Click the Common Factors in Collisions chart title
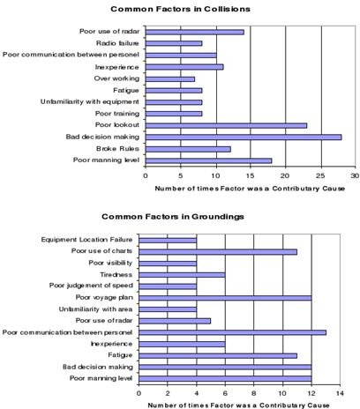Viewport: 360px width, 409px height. pos(180,9)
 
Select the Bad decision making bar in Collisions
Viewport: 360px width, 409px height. pos(244,138)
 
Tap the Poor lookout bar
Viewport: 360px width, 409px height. pos(226,126)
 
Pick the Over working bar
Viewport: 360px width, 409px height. pos(170,79)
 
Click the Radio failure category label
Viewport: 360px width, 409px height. pos(117,43)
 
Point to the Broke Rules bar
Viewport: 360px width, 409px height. pos(188,149)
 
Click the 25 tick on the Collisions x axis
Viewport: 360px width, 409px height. pos(320,175)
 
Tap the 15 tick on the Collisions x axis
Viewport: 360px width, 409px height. pos(251,175)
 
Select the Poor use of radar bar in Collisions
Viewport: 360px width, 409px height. pos(195,32)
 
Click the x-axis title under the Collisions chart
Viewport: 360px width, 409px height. pos(250,189)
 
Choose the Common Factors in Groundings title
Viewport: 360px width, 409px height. pos(173,217)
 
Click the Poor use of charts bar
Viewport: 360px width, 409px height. pos(218,252)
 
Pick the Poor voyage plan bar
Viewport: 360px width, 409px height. pos(225,298)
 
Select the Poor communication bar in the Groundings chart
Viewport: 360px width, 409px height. pos(232,332)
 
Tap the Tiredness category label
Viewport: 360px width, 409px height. pos(116,275)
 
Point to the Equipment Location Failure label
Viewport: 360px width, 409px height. pos(86,240)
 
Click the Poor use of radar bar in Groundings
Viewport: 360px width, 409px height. pos(175,321)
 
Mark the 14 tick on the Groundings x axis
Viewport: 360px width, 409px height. pos(340,393)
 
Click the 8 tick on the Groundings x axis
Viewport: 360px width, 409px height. pos(254,393)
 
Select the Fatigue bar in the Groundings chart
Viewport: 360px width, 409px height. pos(218,356)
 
